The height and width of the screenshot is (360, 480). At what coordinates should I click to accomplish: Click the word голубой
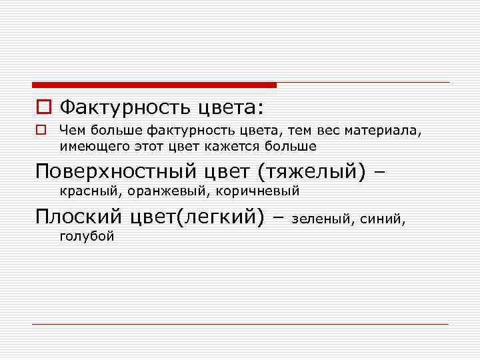[x=87, y=235]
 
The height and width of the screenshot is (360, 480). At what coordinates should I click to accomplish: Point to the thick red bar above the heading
[x=153, y=85]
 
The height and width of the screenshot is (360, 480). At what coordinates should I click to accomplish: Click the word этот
[x=154, y=145]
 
